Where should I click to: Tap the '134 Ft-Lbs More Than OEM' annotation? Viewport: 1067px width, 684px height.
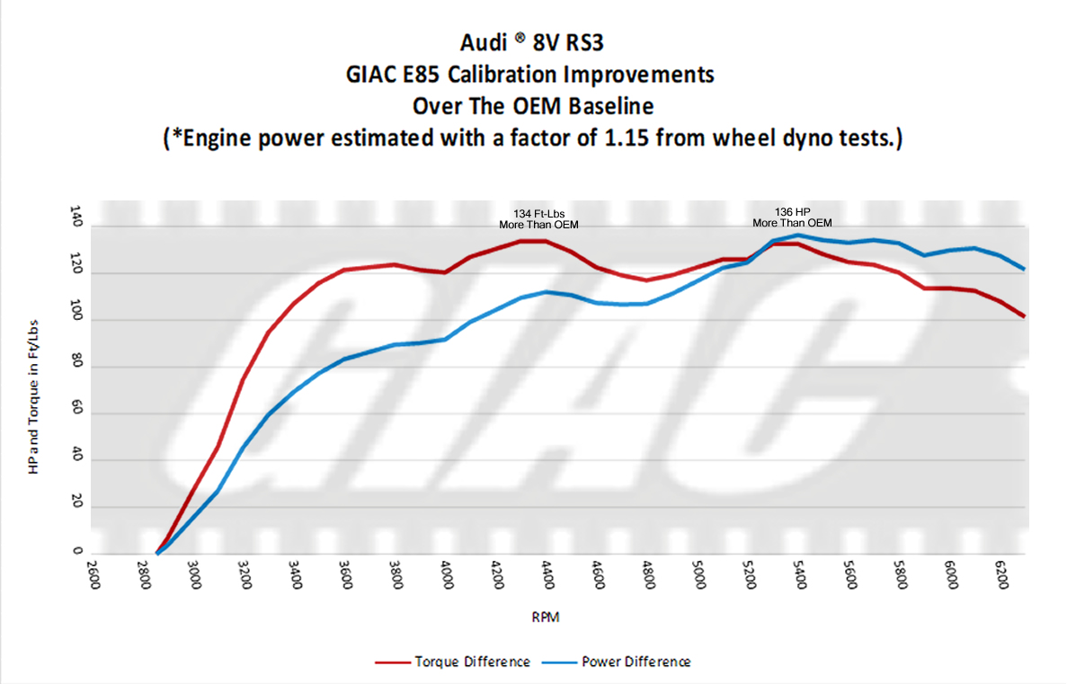[x=538, y=218]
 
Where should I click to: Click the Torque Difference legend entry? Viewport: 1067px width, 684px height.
[x=453, y=662]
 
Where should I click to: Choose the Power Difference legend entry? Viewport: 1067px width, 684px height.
[x=620, y=662]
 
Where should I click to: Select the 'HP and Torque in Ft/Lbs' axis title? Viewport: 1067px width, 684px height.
[x=34, y=387]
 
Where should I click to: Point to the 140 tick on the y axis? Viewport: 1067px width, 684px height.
[x=76, y=217]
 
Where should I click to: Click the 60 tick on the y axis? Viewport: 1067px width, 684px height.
[x=76, y=413]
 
